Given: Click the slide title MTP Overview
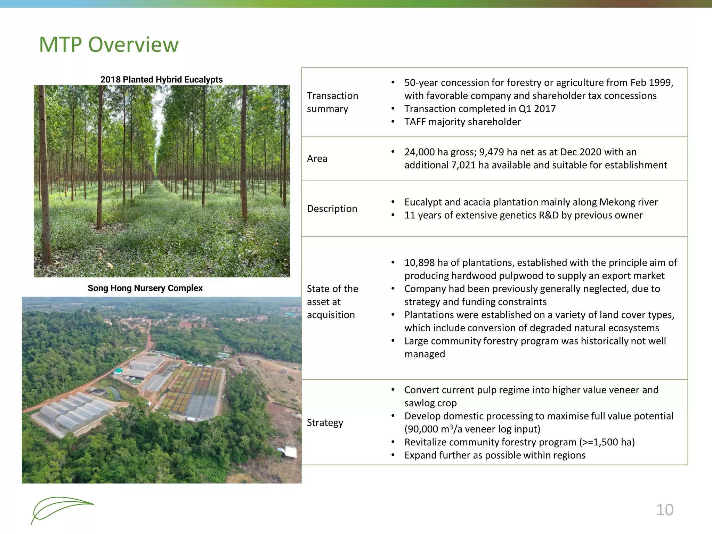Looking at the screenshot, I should (109, 44).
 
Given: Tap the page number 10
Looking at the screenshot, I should (664, 510).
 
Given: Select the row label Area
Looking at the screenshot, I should (317, 159).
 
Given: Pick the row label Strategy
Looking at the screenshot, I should (325, 422).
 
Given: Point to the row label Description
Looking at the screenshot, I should (332, 209).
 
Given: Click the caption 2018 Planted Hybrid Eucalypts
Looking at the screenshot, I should (161, 80).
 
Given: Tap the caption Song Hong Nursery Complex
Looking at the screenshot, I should (145, 288).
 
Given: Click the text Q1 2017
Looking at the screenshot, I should (537, 109).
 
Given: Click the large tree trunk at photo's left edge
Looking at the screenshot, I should (43, 174).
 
